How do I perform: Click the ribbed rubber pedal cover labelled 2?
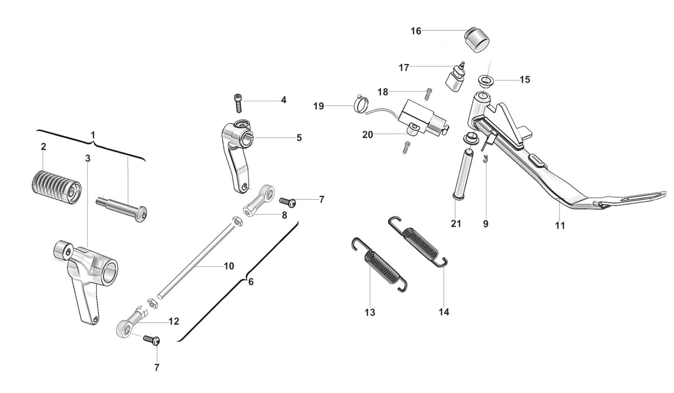56,187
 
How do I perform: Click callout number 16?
416,31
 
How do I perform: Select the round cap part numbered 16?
476,39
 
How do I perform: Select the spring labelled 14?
417,242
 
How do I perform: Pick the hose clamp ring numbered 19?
360,103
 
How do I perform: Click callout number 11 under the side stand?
560,225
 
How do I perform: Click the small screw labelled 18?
428,94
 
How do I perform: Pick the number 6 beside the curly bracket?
251,282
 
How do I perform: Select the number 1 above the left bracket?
93,135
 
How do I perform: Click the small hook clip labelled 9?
485,159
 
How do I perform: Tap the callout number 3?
88,158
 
